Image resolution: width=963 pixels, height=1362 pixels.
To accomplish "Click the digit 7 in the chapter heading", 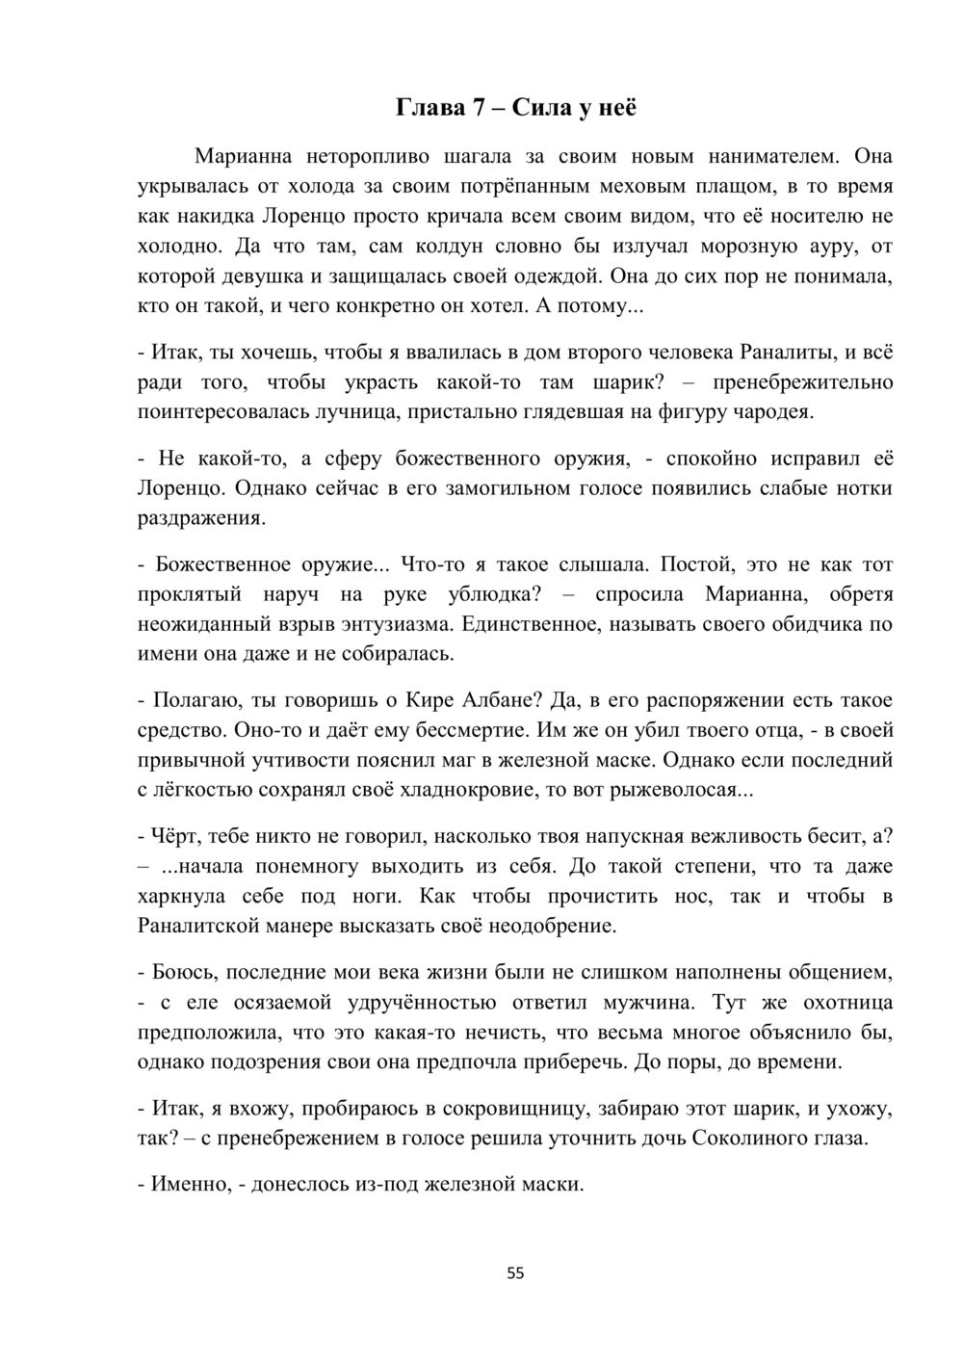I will coord(478,108).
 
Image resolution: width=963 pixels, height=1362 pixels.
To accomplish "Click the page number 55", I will coord(515,1273).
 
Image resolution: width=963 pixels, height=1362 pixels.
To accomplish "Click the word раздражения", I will coord(200,518).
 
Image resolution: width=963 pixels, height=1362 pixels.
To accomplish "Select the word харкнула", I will coord(183,896).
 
